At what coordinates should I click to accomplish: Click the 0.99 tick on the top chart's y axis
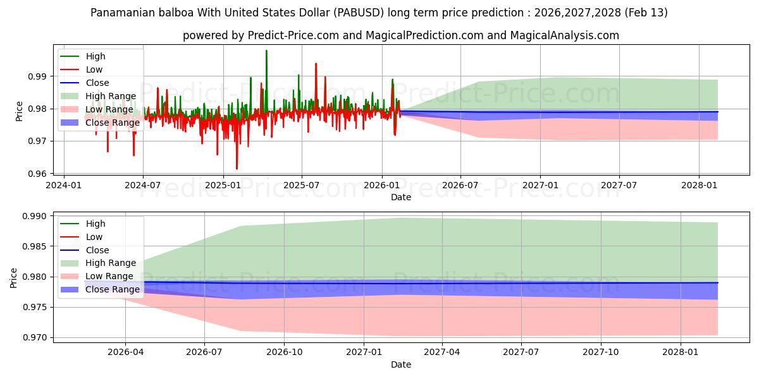[39, 76]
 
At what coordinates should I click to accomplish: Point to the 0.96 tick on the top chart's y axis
[39, 174]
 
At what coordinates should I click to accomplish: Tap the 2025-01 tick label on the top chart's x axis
[223, 186]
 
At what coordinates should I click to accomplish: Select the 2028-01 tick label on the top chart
[699, 186]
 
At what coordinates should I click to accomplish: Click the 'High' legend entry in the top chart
[96, 56]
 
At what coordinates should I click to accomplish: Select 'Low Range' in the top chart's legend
[109, 109]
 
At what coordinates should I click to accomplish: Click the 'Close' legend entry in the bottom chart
[97, 250]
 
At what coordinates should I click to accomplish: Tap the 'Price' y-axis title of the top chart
[19, 111]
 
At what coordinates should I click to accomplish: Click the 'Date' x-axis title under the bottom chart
[401, 364]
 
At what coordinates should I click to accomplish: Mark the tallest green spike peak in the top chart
[266, 51]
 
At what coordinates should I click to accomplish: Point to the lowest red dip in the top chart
[237, 169]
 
